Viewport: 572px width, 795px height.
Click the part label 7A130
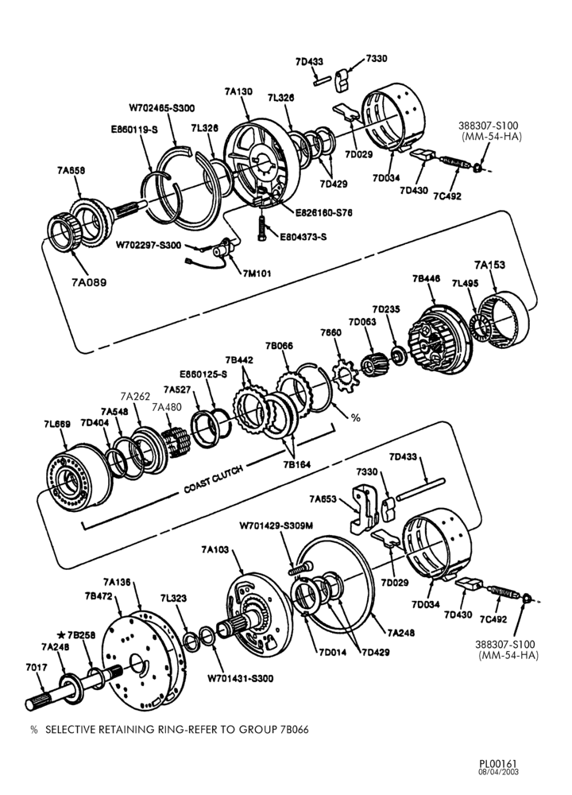click(238, 91)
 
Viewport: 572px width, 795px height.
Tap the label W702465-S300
click(161, 107)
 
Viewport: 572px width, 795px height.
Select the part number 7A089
click(89, 282)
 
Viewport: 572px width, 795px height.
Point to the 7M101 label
click(257, 273)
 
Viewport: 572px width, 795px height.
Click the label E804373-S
click(303, 236)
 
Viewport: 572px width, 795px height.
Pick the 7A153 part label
click(489, 265)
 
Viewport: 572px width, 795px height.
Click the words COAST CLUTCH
click(213, 478)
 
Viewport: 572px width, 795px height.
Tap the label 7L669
click(56, 424)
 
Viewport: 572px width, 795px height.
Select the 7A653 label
click(323, 499)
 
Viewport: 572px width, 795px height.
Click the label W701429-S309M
click(276, 525)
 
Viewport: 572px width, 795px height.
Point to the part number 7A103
click(214, 549)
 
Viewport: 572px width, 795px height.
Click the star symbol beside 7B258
click(61, 634)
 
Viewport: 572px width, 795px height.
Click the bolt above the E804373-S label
click(262, 228)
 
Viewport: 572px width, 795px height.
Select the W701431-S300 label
click(240, 678)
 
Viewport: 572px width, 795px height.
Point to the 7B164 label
click(297, 464)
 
